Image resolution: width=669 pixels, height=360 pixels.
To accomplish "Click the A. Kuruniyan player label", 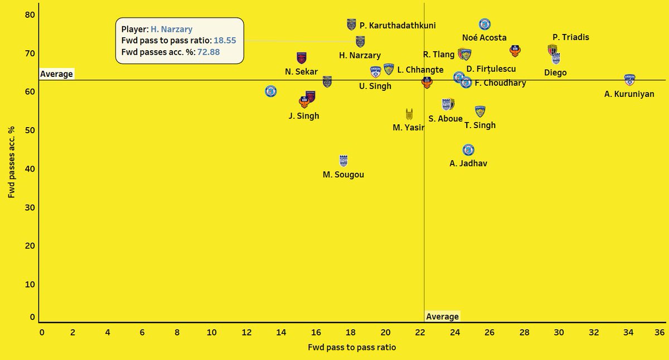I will coord(629,94).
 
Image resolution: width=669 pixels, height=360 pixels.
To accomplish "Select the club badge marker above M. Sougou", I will coord(343,160).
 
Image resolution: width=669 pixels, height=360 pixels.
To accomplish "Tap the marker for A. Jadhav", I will coord(468,150).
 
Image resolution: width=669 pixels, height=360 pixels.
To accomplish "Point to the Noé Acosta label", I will coord(484,38).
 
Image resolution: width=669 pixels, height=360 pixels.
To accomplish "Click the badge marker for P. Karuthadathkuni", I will coord(351,24).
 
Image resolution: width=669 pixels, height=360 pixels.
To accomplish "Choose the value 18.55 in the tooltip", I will coord(225,41).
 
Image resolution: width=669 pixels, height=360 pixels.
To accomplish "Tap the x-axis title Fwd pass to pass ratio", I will coord(352,347).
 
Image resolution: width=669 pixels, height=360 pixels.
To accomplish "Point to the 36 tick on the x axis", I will coord(660,332).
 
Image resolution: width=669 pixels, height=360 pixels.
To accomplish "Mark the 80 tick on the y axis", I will coord(30,15).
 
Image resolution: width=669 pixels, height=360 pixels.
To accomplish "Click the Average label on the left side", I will coord(56,74).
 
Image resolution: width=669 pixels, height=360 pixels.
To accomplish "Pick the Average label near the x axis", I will coord(442,317).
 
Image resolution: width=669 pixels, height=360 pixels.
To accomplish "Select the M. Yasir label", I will coord(408,128).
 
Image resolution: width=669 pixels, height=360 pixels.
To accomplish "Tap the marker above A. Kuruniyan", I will coord(629,80).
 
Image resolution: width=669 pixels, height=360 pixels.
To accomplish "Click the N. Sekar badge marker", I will coord(302,57).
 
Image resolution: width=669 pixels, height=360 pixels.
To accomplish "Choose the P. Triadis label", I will coord(571,37).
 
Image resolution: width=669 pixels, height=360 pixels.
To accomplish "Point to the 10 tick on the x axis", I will coord(212,332).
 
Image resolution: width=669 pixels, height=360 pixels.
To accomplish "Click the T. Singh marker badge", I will coord(479,111).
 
